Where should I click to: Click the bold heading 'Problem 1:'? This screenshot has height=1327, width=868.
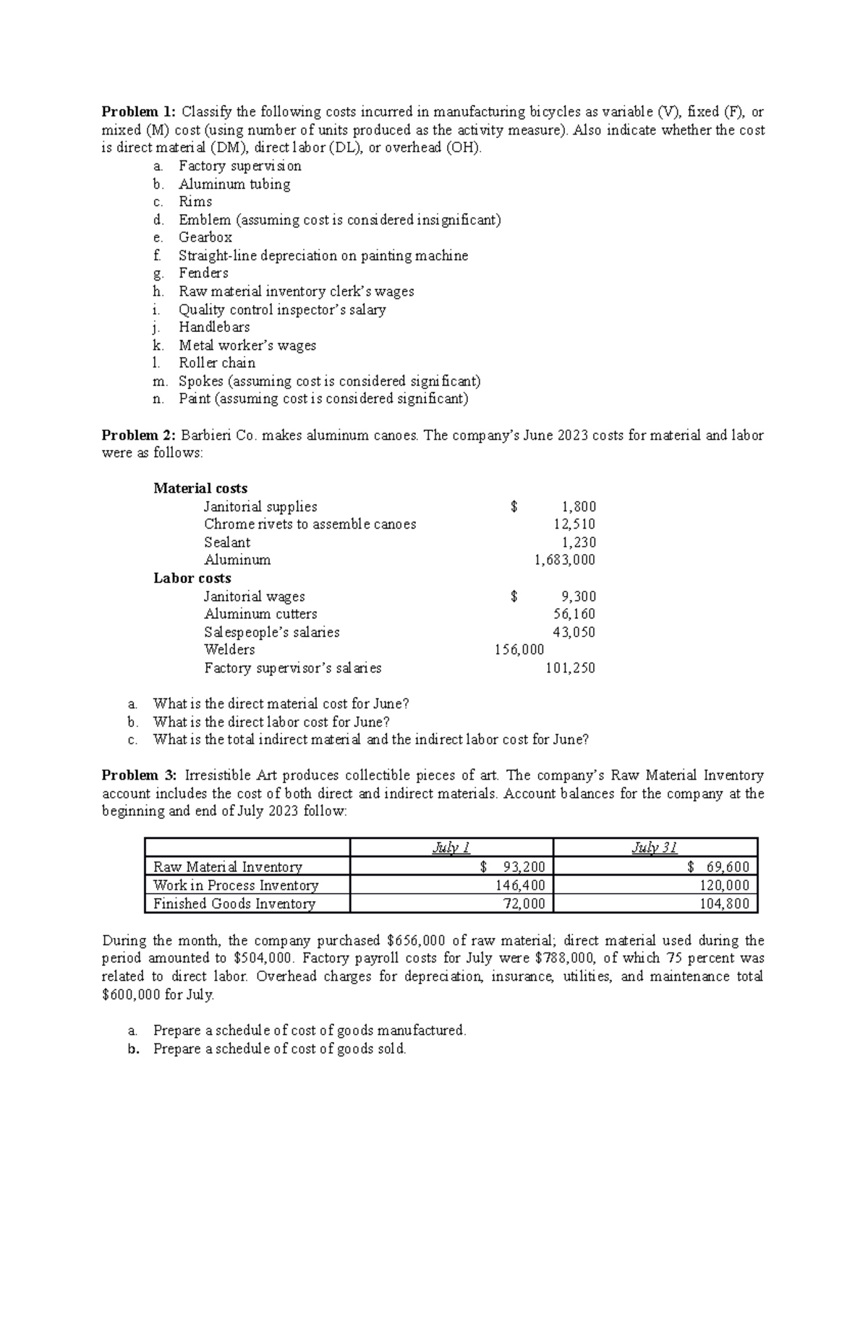point(138,112)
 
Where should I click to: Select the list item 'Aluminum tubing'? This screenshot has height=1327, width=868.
point(234,184)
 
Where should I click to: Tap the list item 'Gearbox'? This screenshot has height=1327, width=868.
point(205,238)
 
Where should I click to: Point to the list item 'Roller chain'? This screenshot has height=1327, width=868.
point(217,363)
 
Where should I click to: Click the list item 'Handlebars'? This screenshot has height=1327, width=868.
point(214,328)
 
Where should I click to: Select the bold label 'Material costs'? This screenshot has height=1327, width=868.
point(200,489)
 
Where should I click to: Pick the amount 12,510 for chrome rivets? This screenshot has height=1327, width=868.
point(575,524)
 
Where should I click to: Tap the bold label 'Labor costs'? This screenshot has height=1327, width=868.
point(192,579)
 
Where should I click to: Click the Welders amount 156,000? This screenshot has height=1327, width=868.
point(519,650)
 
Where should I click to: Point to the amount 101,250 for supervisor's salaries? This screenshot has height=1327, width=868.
point(570,668)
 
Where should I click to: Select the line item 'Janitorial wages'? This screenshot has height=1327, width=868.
point(254,597)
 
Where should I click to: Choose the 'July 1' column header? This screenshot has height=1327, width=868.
point(451,848)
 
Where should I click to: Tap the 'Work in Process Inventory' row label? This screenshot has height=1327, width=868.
point(236,886)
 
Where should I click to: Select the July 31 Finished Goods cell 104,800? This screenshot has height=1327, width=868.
point(724,904)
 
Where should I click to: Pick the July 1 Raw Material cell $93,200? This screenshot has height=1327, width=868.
point(513,867)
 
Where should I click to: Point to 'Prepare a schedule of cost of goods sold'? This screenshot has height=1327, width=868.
point(279,1049)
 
